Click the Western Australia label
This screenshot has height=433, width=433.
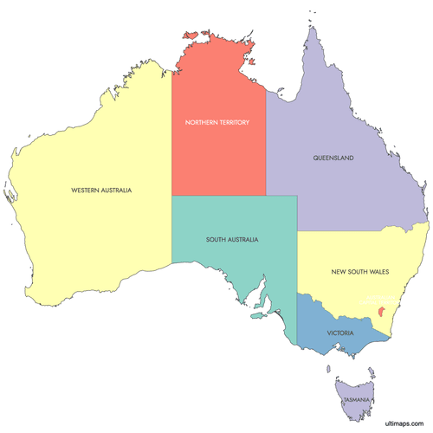coord(95,189)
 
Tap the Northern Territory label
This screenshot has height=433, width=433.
coord(217,122)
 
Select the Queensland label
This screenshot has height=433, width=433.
coord(333,158)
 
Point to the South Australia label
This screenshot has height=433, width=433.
coord(232,239)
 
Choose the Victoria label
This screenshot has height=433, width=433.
coord(339,332)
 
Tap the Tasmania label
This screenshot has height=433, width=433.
coord(357,399)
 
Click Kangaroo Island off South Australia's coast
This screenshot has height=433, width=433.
coord(257,316)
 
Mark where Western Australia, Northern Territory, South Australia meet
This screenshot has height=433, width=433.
coord(171,196)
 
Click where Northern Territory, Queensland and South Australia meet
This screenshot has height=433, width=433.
coord(266,196)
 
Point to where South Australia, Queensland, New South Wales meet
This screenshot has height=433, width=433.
coord(297,231)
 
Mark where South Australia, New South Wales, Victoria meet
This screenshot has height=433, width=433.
coord(297,293)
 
